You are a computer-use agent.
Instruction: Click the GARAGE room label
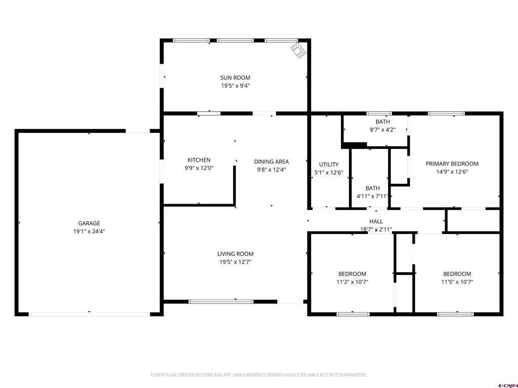click(x=89, y=223)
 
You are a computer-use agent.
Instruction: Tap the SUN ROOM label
click(x=235, y=77)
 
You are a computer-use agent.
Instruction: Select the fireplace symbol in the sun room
click(x=298, y=50)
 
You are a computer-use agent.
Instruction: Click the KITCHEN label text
click(x=199, y=160)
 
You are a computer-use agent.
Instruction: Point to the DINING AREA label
click(x=271, y=162)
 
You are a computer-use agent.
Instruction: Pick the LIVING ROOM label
click(x=235, y=254)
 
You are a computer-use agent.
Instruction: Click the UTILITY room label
click(x=329, y=164)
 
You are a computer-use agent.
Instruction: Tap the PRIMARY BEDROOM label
click(x=452, y=164)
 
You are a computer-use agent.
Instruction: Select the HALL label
click(x=376, y=221)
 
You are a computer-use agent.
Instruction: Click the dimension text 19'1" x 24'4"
click(x=89, y=231)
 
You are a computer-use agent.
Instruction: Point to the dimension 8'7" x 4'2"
click(x=382, y=130)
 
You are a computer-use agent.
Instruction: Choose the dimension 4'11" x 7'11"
click(x=372, y=196)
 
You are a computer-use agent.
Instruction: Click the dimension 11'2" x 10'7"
click(x=352, y=282)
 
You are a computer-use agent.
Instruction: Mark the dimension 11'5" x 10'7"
click(x=457, y=282)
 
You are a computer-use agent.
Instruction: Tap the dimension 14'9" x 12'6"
click(x=452, y=172)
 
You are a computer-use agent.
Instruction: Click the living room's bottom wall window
click(x=221, y=302)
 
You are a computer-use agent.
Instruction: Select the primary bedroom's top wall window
click(x=446, y=114)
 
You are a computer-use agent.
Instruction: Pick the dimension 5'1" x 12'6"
click(x=329, y=172)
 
